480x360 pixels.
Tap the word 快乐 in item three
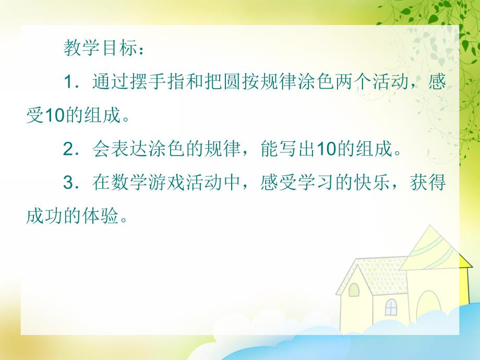[x=377, y=183]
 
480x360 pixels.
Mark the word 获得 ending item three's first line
[x=432, y=183]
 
